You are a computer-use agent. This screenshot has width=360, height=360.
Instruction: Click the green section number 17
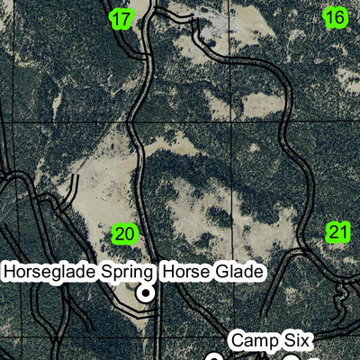coord(122,18)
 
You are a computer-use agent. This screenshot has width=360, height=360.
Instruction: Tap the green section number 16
coord(335,17)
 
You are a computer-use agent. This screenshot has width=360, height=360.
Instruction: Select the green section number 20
coord(125,235)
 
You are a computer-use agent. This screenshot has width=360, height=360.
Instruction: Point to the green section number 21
coord(337,233)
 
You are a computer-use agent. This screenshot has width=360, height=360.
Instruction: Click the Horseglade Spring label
coord(79,271)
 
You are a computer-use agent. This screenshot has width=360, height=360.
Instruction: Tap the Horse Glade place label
coord(213,271)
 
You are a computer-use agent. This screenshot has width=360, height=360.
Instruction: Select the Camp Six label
coord(270,340)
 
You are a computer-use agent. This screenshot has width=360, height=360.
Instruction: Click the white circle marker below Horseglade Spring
coord(144,293)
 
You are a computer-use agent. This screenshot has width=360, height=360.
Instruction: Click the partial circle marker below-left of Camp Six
coord(214,357)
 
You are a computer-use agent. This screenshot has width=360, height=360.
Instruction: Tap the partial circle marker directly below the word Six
coord(292,357)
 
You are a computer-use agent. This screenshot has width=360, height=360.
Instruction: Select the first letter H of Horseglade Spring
coord(10,271)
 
